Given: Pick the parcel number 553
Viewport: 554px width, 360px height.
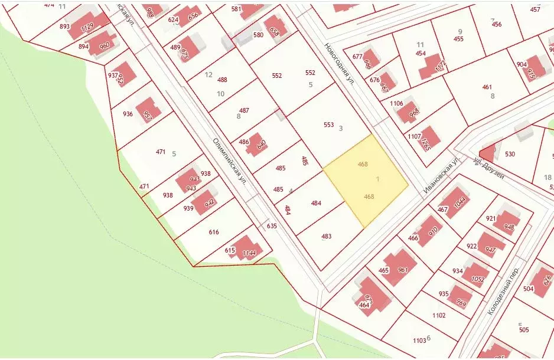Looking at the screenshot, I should tap(329, 125).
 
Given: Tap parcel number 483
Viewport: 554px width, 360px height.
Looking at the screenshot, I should tap(326, 237).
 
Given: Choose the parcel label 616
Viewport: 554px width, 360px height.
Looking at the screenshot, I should tap(214, 233).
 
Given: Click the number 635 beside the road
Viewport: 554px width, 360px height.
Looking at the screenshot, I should tap(272, 226).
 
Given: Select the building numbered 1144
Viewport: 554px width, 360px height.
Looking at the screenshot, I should tap(247, 249).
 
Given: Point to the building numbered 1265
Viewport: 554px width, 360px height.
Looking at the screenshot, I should tap(429, 140).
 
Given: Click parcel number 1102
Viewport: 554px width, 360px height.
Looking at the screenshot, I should tap(438, 316).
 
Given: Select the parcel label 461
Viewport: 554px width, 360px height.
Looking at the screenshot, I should tap(487, 87).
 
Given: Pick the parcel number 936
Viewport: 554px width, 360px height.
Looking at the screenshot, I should tap(128, 114).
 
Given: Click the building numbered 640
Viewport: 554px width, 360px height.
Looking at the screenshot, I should tap(259, 143).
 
